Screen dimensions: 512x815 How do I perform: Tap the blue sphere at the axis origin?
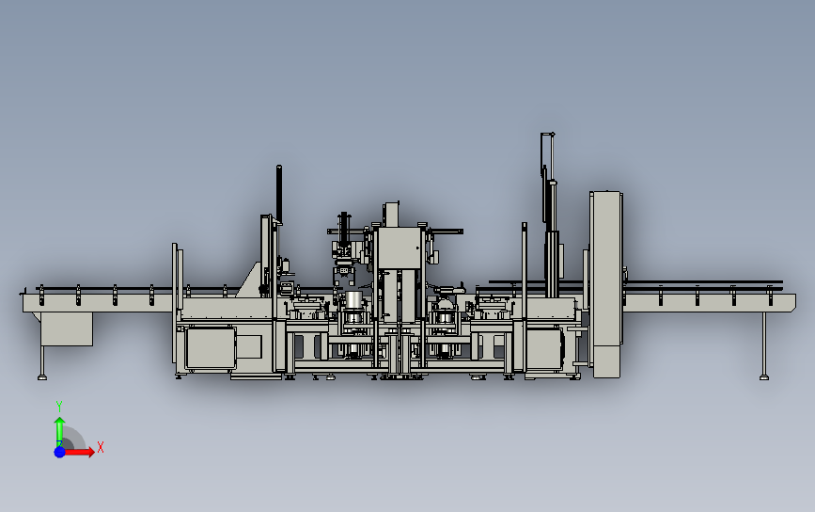(x=59, y=452)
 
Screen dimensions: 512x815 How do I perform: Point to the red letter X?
(x=100, y=448)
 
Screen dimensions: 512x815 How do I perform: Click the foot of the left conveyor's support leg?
(x=42, y=377)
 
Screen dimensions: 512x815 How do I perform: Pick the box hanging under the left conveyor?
(x=67, y=328)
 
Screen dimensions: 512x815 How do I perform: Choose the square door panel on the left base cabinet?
(x=210, y=347)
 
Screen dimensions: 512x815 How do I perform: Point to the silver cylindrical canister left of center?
(x=353, y=301)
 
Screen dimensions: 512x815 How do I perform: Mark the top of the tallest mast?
(x=546, y=136)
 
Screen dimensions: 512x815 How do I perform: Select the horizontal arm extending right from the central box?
(x=444, y=231)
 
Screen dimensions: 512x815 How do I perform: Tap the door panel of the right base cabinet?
(x=544, y=349)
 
